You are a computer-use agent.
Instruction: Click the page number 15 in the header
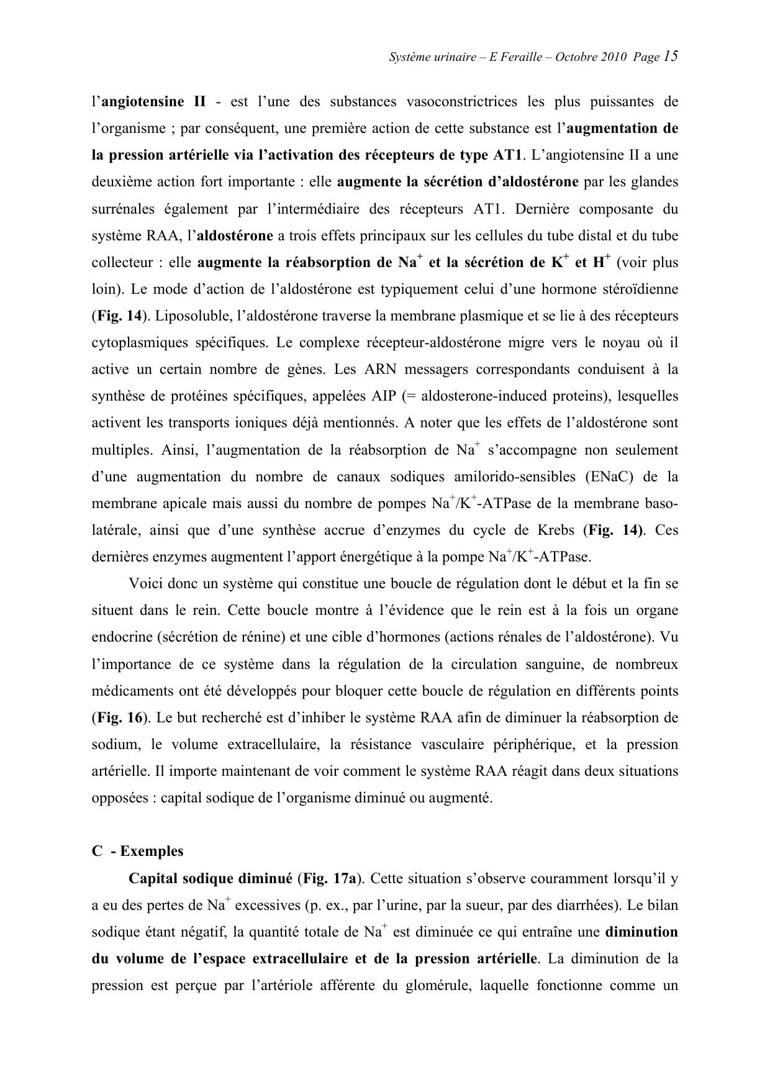coord(669,56)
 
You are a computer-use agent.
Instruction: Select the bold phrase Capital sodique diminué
coord(210,879)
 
